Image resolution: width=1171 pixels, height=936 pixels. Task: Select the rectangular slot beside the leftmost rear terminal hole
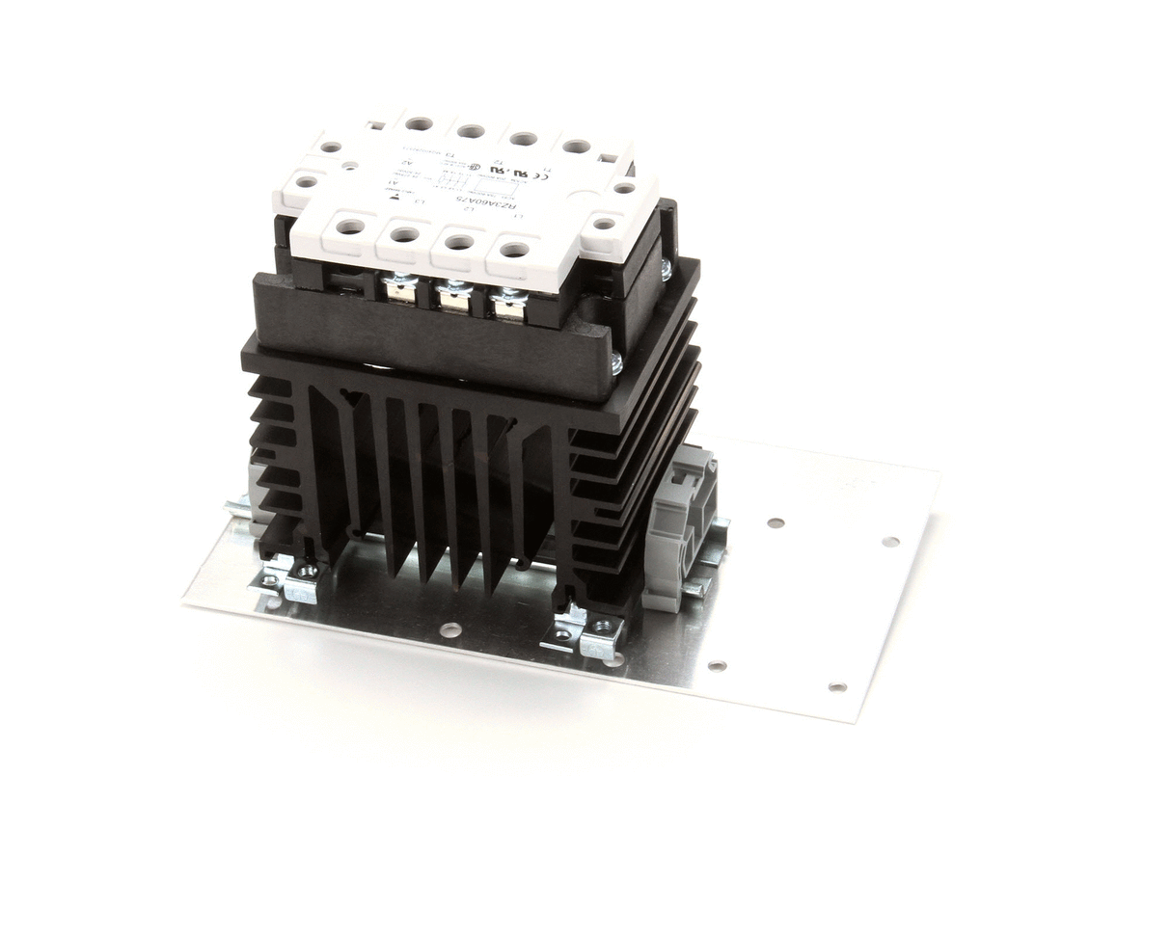(376, 124)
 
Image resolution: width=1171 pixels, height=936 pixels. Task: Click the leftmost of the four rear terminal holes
(419, 123)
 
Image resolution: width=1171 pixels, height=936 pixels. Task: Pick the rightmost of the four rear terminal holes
(576, 147)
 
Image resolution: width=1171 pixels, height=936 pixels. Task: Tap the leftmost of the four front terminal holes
(350, 227)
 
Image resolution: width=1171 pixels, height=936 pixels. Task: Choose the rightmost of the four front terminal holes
(514, 250)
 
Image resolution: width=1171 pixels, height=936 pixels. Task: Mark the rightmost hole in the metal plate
(889, 542)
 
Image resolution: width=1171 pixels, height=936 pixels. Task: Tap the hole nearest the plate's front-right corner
(836, 687)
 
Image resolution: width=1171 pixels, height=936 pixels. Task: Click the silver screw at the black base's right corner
(616, 363)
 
